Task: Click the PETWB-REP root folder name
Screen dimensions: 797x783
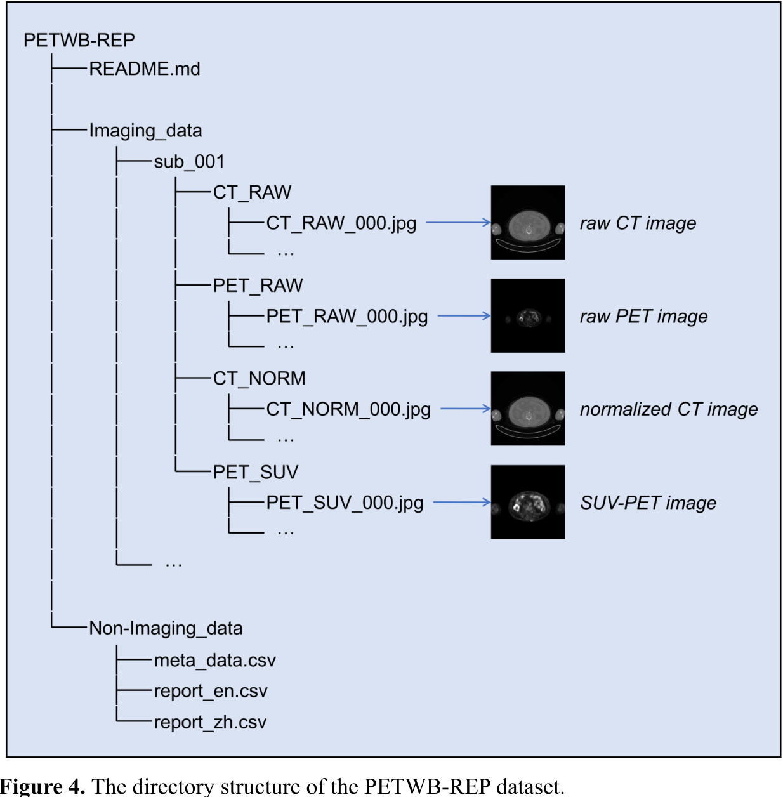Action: (x=79, y=40)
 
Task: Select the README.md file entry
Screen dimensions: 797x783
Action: (x=145, y=69)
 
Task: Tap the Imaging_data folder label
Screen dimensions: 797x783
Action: (x=145, y=131)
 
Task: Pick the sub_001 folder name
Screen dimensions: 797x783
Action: (x=189, y=162)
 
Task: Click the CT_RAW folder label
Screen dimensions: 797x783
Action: (x=252, y=192)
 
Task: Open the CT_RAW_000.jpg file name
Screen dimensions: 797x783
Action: (x=341, y=223)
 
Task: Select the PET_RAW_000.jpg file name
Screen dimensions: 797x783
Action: (x=346, y=317)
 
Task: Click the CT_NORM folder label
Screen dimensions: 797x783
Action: (x=259, y=379)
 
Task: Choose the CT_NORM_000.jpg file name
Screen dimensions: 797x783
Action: (x=348, y=409)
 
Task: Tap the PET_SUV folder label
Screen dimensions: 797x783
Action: (x=255, y=472)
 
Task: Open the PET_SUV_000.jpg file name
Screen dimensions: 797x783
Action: (x=345, y=503)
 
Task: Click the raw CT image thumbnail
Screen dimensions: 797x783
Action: (x=527, y=222)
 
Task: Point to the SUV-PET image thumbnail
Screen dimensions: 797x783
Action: (x=527, y=502)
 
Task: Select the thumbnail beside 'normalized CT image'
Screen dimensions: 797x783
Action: (x=527, y=409)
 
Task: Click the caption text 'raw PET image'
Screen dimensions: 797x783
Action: (x=643, y=316)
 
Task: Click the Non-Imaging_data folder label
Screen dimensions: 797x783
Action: (x=166, y=628)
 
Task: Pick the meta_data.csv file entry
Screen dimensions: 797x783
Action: (x=214, y=661)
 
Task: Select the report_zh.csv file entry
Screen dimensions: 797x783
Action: (x=210, y=722)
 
